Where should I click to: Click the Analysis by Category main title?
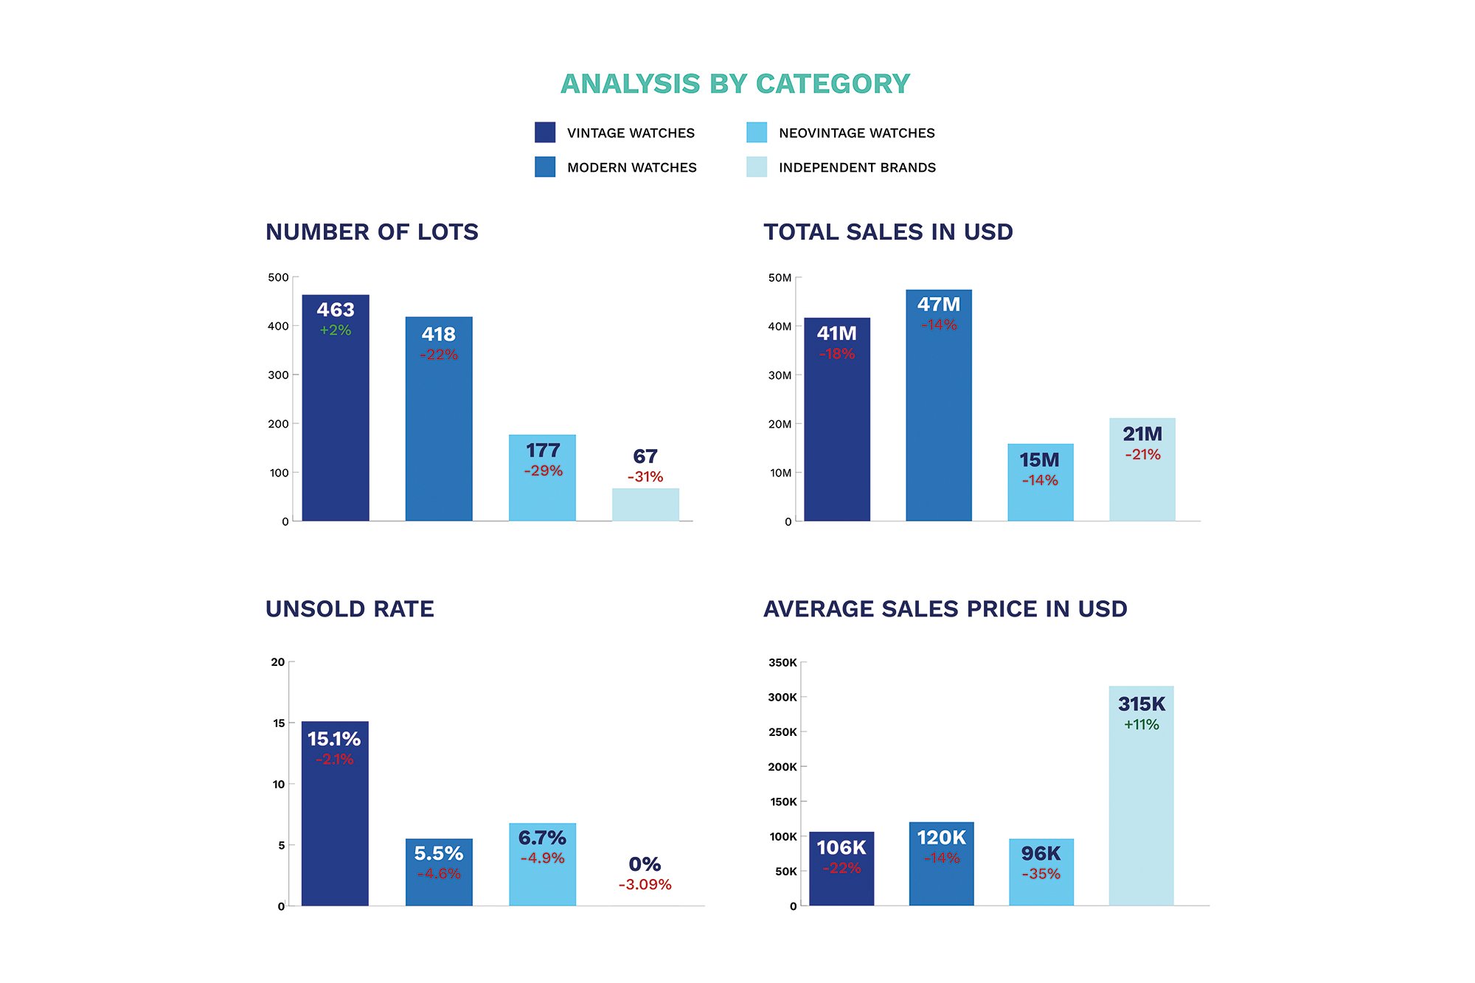[735, 84]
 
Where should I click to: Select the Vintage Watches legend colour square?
[545, 133]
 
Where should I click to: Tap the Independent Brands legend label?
[857, 167]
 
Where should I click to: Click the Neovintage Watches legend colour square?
[757, 133]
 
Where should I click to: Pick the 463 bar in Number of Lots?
[336, 428]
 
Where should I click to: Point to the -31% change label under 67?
[645, 477]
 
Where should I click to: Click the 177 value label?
[543, 451]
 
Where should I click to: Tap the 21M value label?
[1142, 434]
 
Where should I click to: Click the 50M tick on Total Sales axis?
[780, 278]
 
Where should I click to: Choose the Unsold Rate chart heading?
[350, 609]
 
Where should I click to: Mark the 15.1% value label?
[334, 739]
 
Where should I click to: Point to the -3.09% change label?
[645, 885]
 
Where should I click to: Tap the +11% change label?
[1142, 725]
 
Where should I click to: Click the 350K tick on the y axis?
[782, 663]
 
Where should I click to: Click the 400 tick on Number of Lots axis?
[279, 326]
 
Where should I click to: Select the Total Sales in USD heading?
[888, 232]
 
